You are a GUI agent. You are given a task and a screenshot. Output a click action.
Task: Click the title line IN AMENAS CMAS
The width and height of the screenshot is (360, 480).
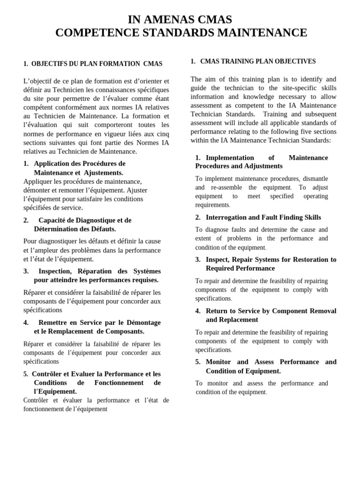click(x=180, y=19)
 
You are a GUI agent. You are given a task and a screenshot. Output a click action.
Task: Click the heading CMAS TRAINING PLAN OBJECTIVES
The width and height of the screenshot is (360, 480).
click(x=258, y=61)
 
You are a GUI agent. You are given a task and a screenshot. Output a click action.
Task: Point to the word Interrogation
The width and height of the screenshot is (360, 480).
click(x=226, y=217)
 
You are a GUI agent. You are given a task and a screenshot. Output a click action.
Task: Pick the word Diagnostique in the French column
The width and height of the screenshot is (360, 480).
click(x=97, y=220)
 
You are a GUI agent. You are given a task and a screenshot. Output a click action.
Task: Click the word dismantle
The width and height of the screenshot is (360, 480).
click(x=315, y=179)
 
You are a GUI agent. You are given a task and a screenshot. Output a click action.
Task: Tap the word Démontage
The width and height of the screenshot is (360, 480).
click(x=144, y=322)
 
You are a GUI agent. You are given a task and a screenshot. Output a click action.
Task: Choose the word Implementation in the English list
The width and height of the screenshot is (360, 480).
click(x=230, y=158)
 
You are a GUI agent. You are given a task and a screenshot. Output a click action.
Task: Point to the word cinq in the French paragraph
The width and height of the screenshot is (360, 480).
click(x=162, y=134)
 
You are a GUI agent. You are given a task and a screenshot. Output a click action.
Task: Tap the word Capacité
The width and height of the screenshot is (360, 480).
click(x=52, y=220)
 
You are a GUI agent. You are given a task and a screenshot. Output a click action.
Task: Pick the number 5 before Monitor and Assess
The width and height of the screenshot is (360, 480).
click(x=198, y=362)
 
